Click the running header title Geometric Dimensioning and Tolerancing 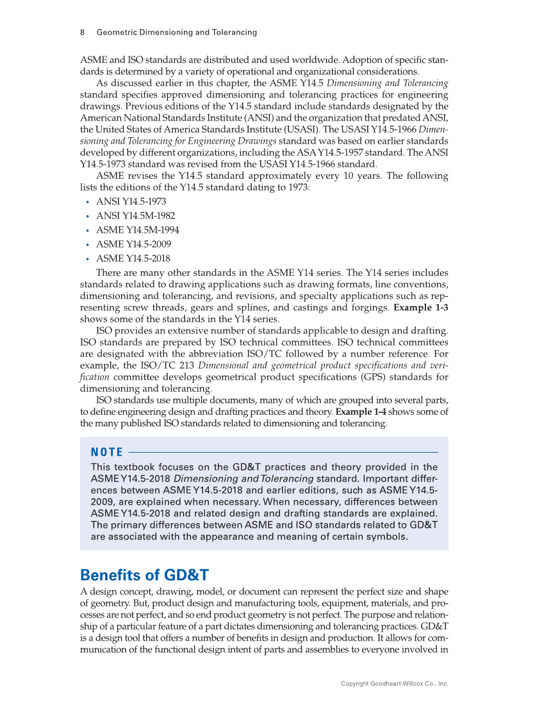pos(176,32)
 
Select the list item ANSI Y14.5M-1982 pos(135,215)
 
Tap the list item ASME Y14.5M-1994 pos(137,230)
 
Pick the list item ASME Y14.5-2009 pos(133,244)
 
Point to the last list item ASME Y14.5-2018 pos(133,258)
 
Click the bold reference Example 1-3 pos(420,308)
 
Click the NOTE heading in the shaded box pos(107,453)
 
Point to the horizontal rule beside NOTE pos(282,453)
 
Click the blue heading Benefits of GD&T pos(145,575)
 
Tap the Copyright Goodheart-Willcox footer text pos(394,684)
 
